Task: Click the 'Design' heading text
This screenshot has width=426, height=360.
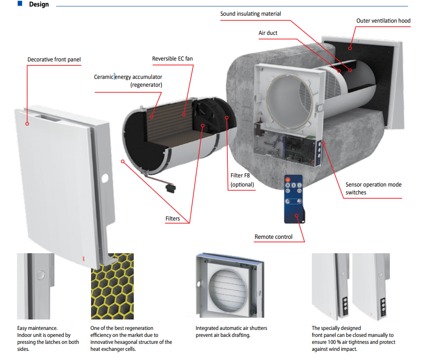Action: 39,4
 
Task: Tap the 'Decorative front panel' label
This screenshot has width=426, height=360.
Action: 54,60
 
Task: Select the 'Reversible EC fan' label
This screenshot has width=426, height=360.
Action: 172,59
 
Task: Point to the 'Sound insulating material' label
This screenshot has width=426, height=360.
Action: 250,14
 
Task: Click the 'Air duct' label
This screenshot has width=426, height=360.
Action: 268,33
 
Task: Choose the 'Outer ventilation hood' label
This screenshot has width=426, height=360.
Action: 383,21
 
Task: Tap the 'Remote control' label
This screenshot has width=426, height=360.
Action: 274,237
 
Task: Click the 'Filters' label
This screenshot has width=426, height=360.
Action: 172,218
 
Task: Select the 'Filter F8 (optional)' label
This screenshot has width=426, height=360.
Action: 242,180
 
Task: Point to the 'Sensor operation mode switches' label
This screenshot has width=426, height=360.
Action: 373,188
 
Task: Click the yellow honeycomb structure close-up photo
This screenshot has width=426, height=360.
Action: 112,286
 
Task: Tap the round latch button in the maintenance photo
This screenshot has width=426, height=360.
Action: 41,275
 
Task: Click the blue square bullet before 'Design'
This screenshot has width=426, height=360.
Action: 20,3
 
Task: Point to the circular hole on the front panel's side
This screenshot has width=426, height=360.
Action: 105,179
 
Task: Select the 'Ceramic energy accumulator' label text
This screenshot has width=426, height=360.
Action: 128,77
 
